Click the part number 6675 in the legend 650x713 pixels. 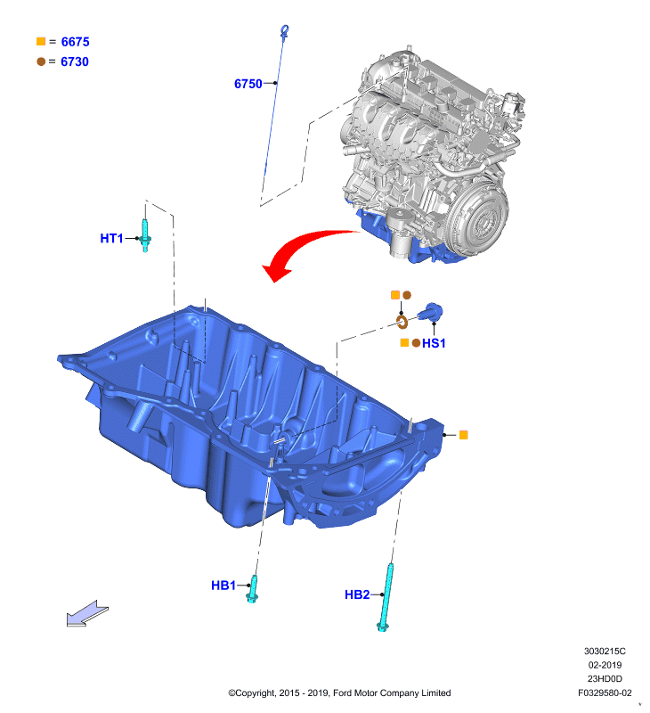click(76, 42)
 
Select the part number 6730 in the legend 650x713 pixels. click(75, 61)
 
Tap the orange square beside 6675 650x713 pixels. click(41, 41)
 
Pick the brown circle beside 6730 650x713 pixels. click(41, 61)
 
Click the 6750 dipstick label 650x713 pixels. click(248, 84)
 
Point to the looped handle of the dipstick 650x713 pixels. click(284, 31)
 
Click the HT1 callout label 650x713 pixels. click(111, 238)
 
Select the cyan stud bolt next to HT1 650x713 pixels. click(145, 235)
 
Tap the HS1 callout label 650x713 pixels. click(434, 343)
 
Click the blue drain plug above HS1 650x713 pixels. click(431, 312)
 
